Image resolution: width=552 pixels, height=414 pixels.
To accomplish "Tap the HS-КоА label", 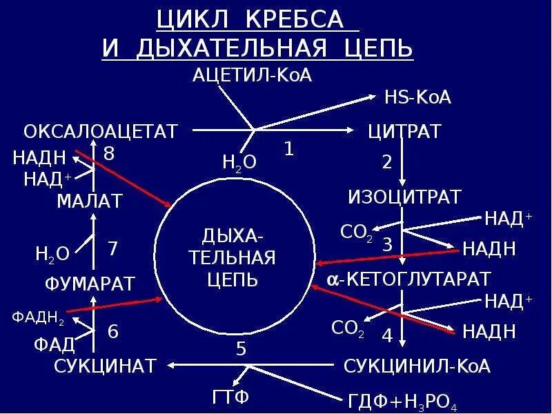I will coord(417,97).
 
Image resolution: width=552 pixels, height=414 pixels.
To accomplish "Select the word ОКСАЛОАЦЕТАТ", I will coord(101,131).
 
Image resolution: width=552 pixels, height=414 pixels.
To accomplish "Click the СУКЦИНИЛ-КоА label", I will coord(417,366).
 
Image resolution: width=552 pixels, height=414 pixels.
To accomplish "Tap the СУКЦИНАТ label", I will coord(106,366).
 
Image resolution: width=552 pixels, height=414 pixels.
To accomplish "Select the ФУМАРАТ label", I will coord(90,284).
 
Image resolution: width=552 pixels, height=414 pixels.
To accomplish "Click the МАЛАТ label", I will coord(90,201).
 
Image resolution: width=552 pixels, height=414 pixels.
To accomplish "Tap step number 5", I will coord(241,349).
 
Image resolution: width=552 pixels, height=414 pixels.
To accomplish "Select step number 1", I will coord(289,148).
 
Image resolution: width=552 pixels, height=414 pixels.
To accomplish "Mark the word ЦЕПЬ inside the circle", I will coord(233,279).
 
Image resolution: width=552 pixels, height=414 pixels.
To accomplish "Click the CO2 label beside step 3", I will coord(357,232).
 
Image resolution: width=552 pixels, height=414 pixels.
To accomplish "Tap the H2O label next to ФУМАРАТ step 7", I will coord(52,254).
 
